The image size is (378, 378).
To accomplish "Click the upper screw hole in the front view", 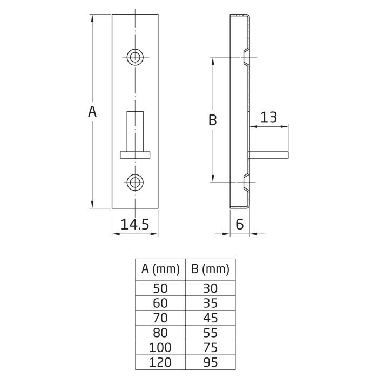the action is click(135, 57).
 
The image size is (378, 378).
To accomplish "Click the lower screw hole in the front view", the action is click(135, 183).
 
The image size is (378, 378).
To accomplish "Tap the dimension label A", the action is click(92, 112).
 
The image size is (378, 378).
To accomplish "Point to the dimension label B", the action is click(212, 120).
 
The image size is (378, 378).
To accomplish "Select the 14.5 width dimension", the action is click(135, 224).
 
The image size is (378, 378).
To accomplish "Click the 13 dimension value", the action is click(269, 117).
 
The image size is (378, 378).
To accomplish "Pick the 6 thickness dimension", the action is click(239, 224).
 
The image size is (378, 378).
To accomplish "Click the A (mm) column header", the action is click(160, 269).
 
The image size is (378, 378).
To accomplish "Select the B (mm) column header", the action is click(210, 269).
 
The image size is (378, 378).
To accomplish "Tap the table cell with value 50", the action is click(160, 288).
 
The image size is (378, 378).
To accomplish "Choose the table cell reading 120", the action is click(160, 362).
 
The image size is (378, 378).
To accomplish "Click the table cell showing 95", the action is click(211, 362).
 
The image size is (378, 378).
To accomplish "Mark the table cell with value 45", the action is click(211, 318).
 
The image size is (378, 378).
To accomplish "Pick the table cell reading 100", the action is click(160, 348).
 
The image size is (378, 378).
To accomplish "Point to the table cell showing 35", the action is click(211, 303).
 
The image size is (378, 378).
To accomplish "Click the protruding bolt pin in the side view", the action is click(268, 156).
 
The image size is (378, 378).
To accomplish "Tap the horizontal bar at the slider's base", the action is click(135, 155).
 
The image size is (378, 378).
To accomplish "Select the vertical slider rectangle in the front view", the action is click(135, 131).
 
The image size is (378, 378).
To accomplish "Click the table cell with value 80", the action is click(160, 333).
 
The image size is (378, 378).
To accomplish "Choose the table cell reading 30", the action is click(211, 288).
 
